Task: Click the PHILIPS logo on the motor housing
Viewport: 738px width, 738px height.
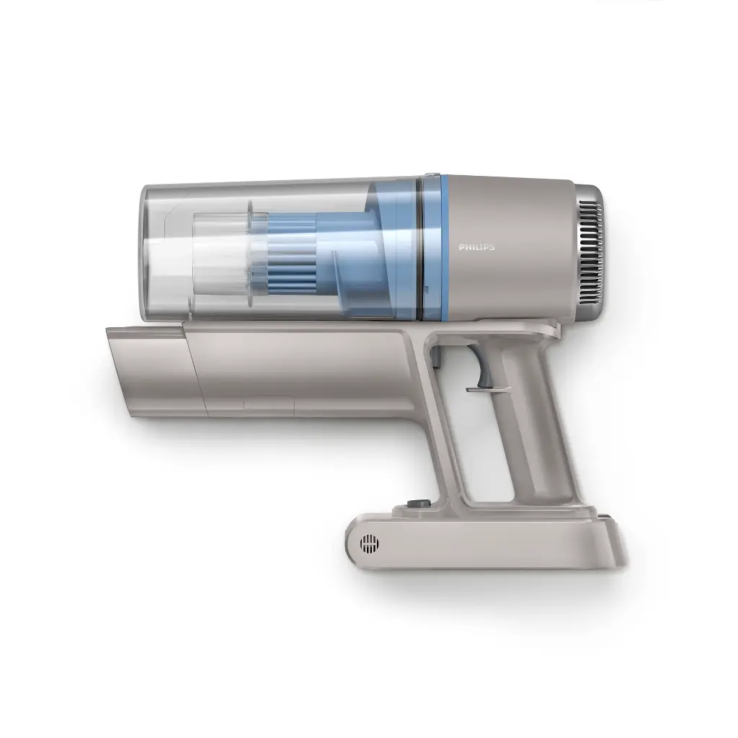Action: pyautogui.click(x=476, y=247)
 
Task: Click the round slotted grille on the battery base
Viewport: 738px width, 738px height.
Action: pyautogui.click(x=369, y=543)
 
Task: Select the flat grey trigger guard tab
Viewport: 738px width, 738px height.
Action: pyautogui.click(x=490, y=389)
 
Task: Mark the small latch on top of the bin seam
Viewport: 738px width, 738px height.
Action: pyautogui.click(x=430, y=175)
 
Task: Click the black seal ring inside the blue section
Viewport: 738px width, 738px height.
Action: pyautogui.click(x=418, y=249)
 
